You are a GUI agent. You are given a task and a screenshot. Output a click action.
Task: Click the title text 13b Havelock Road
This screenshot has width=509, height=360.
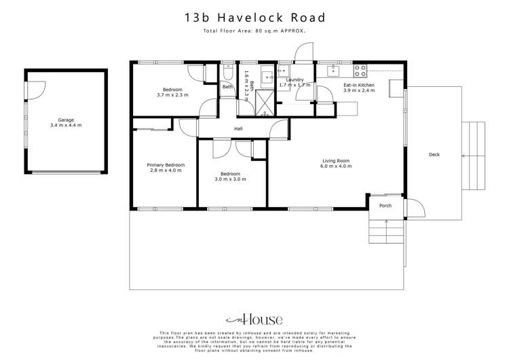pyautogui.click(x=254, y=18)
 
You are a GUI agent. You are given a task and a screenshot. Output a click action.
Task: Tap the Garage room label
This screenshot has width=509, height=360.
pyautogui.click(x=65, y=122)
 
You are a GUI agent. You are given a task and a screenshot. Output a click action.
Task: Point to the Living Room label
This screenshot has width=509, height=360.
pyautogui.click(x=337, y=162)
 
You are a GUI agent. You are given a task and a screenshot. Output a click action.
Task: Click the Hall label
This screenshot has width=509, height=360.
pyautogui.click(x=238, y=128)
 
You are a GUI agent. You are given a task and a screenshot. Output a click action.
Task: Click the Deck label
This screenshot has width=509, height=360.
pyautogui.click(x=434, y=155)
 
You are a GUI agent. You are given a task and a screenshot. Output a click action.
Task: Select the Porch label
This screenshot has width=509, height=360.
pyautogui.click(x=385, y=206)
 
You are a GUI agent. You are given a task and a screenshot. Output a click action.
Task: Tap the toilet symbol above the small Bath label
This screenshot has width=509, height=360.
pyautogui.click(x=228, y=73)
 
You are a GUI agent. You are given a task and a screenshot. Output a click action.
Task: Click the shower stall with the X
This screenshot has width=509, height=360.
pyautogui.click(x=244, y=106)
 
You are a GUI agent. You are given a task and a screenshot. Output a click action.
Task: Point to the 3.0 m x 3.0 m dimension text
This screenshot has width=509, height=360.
pyautogui.click(x=231, y=179)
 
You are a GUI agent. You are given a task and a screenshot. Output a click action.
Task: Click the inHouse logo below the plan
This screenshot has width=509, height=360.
pyautogui.click(x=254, y=319)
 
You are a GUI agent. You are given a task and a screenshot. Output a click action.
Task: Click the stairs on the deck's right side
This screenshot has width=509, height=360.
pyautogui.click(x=474, y=156)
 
